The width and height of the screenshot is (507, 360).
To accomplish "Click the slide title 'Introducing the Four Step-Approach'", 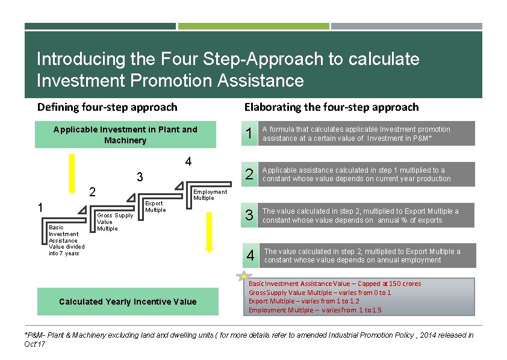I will pyautogui.click(x=228, y=59).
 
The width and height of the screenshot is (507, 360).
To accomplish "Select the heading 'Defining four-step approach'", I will pyautogui.click(x=107, y=107).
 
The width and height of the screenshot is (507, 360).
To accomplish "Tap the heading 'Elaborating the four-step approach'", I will pyautogui.click(x=331, y=107).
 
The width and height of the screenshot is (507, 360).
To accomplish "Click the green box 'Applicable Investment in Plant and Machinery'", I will pyautogui.click(x=125, y=135).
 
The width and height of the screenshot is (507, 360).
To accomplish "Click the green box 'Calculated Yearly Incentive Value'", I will pyautogui.click(x=128, y=302).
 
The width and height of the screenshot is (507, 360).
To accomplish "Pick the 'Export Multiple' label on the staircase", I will pyautogui.click(x=155, y=206).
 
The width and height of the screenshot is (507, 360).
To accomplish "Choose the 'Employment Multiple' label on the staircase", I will pyautogui.click(x=210, y=195).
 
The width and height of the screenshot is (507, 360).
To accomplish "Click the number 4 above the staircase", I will pyautogui.click(x=188, y=162).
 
